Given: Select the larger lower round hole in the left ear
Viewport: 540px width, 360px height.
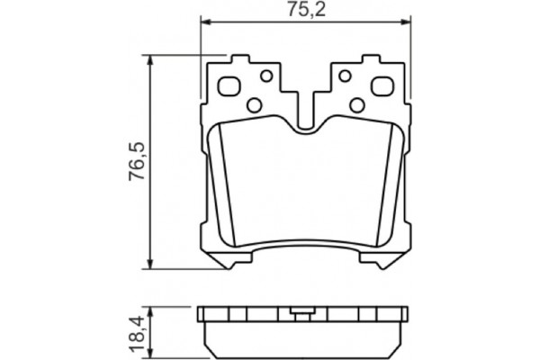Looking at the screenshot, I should tap(255, 105).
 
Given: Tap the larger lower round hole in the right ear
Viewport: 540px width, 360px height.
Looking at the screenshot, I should tap(356, 105).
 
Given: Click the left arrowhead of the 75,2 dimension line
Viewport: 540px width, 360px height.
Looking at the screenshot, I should tap(204, 24).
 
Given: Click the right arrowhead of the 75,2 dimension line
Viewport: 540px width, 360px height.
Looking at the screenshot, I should tap(408, 24).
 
